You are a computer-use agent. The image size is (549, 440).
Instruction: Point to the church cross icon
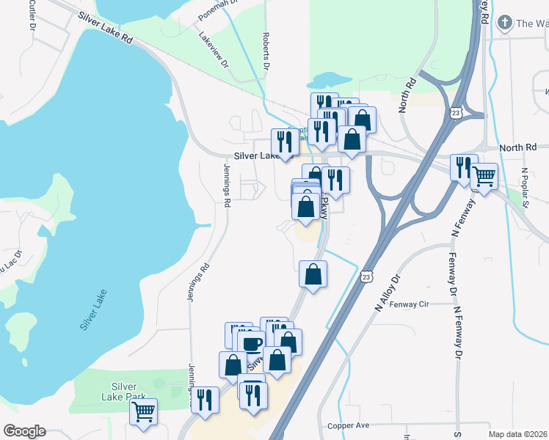[x=504, y=22]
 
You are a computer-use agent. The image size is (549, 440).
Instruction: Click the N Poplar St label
[x=526, y=189]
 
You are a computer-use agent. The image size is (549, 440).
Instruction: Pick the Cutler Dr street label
[x=33, y=15]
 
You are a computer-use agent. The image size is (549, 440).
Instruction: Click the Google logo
[x=24, y=431]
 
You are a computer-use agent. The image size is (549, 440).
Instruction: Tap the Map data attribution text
[x=517, y=434]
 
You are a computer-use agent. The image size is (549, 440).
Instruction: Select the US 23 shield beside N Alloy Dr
[x=366, y=276]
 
